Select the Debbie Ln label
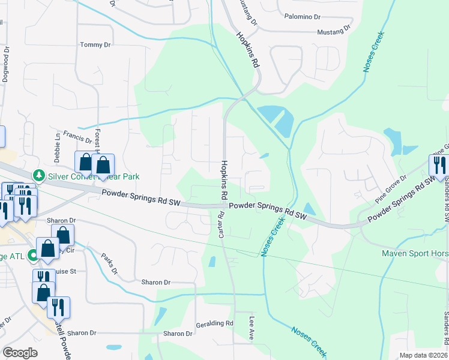pyautogui.click(x=58, y=144)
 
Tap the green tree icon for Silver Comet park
pyautogui.click(x=40, y=175)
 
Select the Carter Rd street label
pyautogui.click(x=221, y=223)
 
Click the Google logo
pyautogui.click(x=20, y=353)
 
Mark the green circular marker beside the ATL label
pyautogui.click(x=34, y=256)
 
